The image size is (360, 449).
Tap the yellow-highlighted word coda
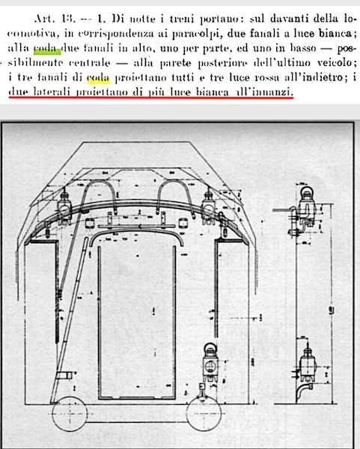pos(98,78)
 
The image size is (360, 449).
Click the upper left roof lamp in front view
pos(64,207)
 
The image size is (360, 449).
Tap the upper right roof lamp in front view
pos(209,207)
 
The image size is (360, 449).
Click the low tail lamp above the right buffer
pos(210,362)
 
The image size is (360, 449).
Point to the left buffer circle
pos(70,413)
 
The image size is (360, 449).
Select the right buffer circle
pos(204,413)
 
